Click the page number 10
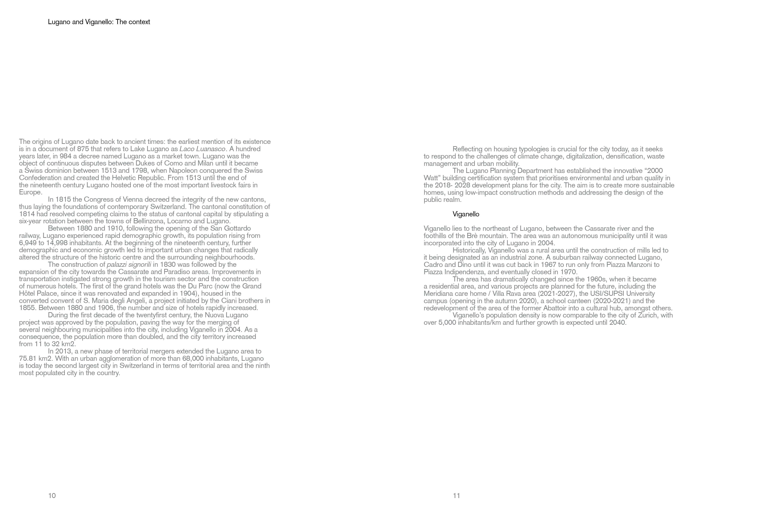pos(52,496)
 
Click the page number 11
pos(456,496)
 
